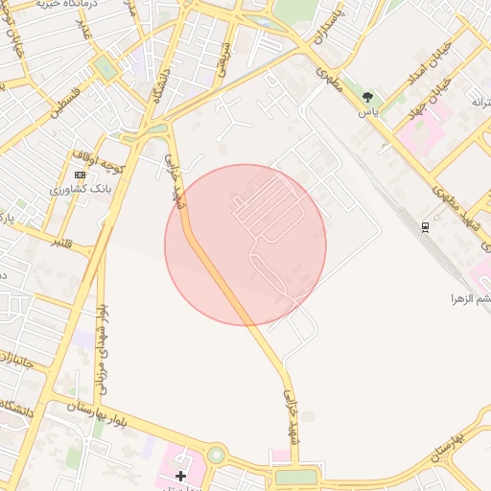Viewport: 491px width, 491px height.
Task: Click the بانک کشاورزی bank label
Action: click(82, 190)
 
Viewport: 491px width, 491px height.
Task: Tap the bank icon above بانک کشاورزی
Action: click(80, 175)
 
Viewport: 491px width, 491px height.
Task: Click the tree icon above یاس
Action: click(368, 97)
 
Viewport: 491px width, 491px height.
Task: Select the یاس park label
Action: click(368, 111)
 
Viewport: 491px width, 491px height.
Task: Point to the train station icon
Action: click(425, 225)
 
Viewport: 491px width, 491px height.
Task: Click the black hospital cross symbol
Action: click(180, 475)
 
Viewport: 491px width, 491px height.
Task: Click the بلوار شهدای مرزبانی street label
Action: click(101, 351)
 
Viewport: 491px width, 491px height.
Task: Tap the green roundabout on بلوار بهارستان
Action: click(215, 455)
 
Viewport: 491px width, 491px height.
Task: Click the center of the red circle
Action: click(245, 245)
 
